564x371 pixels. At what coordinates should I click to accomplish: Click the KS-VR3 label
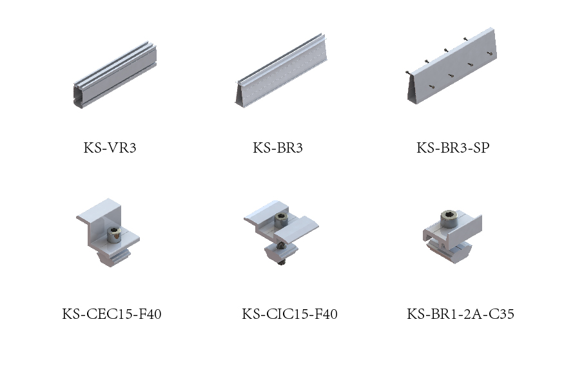(110, 147)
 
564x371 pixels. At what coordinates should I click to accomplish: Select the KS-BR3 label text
(278, 147)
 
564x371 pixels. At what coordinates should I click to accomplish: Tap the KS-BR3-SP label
(453, 147)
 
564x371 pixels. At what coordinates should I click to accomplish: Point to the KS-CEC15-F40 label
(112, 314)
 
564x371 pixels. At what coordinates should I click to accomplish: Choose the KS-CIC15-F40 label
(289, 314)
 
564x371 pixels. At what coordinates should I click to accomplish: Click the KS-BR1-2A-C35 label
(460, 314)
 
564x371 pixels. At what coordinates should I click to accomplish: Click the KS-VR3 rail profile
(115, 75)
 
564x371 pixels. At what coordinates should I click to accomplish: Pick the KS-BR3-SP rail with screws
(451, 66)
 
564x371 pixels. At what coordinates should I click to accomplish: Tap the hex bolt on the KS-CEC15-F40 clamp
(114, 234)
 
